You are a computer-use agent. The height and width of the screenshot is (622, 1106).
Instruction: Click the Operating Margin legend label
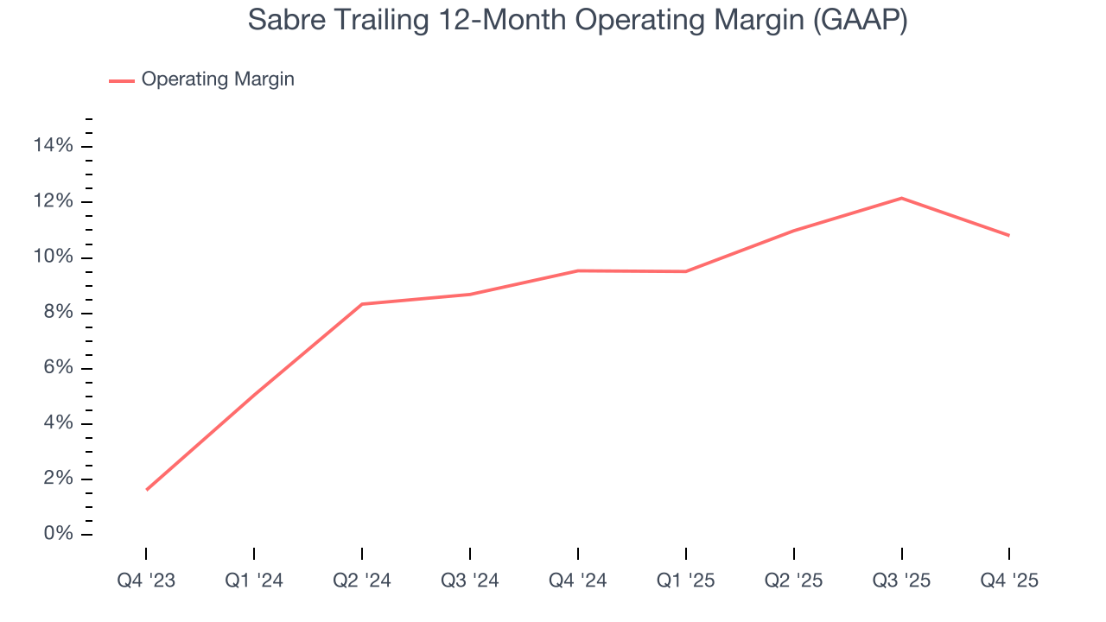click(x=218, y=79)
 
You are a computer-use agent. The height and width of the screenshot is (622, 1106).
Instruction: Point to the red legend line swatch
click(x=122, y=80)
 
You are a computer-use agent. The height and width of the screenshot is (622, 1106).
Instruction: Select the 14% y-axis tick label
click(x=53, y=146)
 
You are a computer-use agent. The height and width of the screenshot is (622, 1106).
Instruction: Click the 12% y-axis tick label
click(x=53, y=202)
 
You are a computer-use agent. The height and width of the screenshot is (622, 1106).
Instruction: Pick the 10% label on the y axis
click(x=53, y=257)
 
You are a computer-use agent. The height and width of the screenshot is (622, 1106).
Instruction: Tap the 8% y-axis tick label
click(x=58, y=313)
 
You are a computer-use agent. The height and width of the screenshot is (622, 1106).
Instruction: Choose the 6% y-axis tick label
click(x=58, y=368)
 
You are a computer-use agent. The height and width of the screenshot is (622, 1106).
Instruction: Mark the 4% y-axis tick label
click(x=58, y=423)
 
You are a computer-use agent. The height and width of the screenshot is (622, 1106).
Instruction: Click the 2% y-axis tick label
click(x=58, y=479)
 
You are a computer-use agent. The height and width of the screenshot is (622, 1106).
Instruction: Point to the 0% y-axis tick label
click(x=58, y=535)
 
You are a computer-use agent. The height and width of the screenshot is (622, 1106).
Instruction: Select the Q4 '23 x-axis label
click(x=146, y=581)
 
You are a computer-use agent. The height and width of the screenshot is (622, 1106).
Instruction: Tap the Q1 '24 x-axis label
click(x=254, y=581)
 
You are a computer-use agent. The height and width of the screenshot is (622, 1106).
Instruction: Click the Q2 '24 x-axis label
click(x=362, y=581)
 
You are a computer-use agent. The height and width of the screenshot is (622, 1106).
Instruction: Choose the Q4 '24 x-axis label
click(x=577, y=581)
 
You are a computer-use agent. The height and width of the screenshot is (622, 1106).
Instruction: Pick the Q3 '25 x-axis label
click(x=901, y=581)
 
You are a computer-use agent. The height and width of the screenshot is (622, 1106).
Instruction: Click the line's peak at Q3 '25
click(x=901, y=199)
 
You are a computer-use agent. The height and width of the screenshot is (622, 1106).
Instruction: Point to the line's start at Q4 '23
click(x=147, y=490)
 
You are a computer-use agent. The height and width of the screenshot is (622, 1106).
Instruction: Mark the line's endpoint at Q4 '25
click(x=1008, y=235)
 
